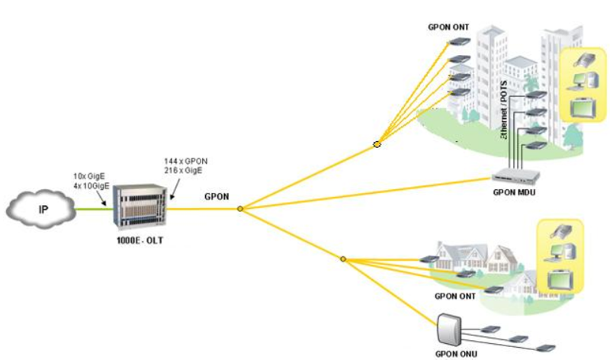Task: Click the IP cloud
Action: point(40,207)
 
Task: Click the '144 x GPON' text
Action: point(185,162)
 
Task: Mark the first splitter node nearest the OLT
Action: point(240,208)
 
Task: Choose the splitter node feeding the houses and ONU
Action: point(343,259)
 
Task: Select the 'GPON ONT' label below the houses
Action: point(455,295)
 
